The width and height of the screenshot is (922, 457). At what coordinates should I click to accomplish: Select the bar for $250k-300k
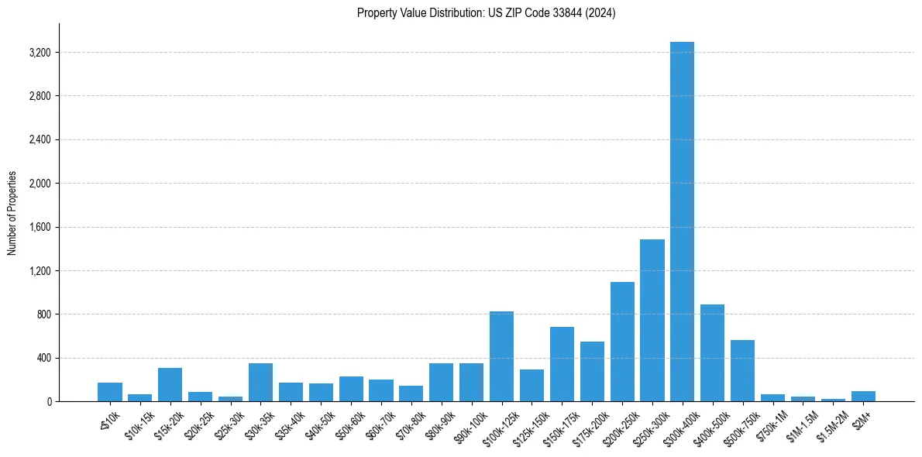652,321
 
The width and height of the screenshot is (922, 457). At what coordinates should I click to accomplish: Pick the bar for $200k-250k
622,342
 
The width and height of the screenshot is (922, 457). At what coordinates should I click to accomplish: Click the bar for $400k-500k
712,353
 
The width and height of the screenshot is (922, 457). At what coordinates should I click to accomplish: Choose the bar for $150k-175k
562,364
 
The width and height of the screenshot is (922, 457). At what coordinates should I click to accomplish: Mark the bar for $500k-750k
742,371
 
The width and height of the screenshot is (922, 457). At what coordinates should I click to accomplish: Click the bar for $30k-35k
260,383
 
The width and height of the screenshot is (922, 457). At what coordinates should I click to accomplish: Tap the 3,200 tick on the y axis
39,53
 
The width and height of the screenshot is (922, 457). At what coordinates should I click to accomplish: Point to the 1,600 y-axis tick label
39,227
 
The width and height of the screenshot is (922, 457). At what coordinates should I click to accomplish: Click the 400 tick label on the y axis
43,358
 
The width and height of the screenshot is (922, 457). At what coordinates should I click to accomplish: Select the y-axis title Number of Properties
12,212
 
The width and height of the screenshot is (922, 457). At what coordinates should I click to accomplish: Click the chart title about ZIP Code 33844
486,13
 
